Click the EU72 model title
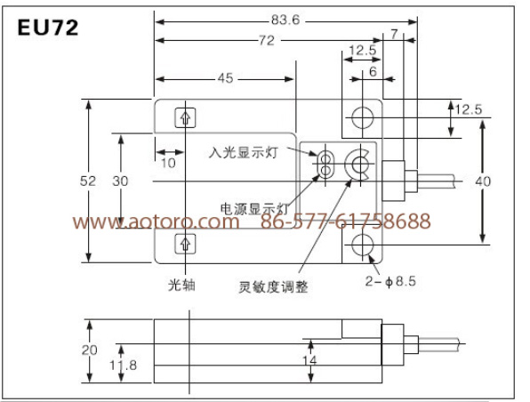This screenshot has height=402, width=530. [48, 28]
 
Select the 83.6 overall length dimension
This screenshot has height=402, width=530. [285, 20]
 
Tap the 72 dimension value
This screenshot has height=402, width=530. [267, 41]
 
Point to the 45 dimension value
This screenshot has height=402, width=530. [226, 78]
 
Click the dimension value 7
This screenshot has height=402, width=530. [394, 35]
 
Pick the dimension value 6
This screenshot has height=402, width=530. [373, 72]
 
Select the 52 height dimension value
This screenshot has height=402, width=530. [88, 181]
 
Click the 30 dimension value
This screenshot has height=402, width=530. [120, 181]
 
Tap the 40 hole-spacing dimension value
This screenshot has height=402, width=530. [483, 181]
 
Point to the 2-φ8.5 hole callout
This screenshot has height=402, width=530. [390, 281]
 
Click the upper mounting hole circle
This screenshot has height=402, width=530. [362, 117]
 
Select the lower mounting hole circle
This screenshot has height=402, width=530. [362, 245]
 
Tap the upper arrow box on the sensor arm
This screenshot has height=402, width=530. [185, 117]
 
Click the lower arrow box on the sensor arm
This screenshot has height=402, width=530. [185, 244]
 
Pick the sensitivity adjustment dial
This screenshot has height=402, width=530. [357, 165]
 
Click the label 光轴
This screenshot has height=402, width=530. [181, 285]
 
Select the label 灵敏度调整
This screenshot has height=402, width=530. [274, 287]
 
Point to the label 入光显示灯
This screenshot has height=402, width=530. [244, 152]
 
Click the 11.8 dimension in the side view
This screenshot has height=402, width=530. [123, 366]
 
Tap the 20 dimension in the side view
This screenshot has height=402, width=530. [89, 350]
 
